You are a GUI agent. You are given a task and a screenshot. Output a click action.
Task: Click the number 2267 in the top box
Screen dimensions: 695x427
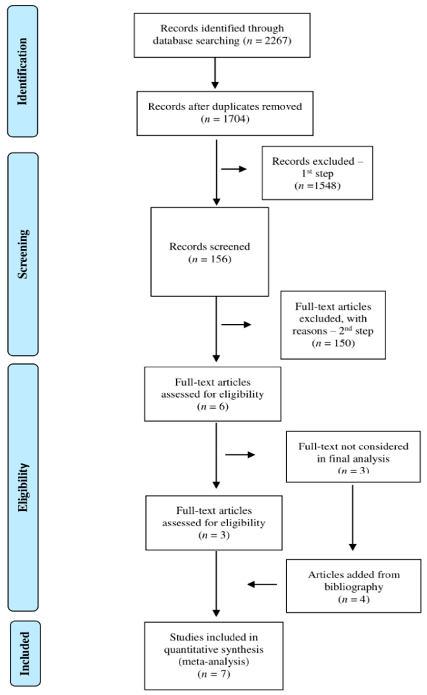tap(277, 41)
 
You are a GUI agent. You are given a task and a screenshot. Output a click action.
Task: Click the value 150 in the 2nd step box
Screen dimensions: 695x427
tap(342, 343)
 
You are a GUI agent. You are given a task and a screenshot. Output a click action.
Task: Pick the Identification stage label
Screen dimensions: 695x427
tap(23, 71)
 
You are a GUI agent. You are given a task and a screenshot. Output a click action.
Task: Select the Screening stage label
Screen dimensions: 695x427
tap(23, 254)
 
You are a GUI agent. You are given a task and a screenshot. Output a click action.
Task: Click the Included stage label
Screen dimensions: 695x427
tap(25, 653)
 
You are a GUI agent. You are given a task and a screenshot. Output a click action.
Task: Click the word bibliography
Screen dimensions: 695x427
tap(354, 587)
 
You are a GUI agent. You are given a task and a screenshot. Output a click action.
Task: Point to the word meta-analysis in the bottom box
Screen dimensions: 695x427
tap(214, 661)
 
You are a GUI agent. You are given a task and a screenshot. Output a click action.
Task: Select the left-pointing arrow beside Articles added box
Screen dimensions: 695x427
tap(262, 584)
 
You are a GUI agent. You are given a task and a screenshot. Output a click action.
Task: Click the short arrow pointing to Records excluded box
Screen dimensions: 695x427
tap(234, 169)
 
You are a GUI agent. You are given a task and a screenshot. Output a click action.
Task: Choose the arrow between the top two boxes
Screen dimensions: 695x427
tap(215, 73)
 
